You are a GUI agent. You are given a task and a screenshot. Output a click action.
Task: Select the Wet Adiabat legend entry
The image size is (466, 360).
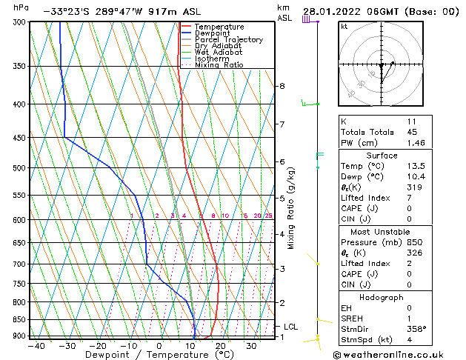coord(218,53)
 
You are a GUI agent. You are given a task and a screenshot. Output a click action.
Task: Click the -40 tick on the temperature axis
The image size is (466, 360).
coord(34,345)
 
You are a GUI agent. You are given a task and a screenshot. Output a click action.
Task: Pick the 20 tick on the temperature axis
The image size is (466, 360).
coord(221,345)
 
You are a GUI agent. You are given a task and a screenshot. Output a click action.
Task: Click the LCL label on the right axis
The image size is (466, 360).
coord(291,327)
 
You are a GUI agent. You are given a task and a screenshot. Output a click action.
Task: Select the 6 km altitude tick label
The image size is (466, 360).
coord(282,161)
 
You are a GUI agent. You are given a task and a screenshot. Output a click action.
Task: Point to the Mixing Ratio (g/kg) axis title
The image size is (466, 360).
coord(291,208)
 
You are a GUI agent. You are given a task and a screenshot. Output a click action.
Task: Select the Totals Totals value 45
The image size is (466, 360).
coord(413,133)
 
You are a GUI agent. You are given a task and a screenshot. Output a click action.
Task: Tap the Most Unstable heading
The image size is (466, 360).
coord(381,231)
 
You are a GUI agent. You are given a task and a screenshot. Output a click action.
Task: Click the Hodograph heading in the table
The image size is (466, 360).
coord(381,297)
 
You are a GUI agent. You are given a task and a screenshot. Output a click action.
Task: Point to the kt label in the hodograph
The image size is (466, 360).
coord(344,27)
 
